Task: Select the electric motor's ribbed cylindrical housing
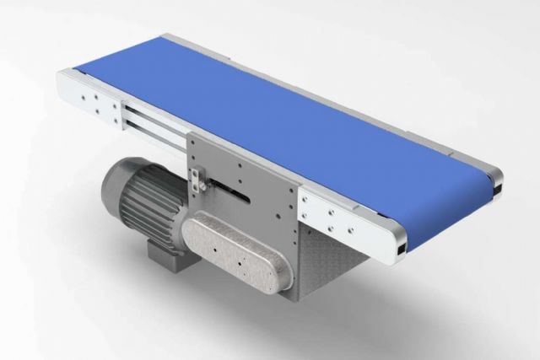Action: click(x=148, y=202)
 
